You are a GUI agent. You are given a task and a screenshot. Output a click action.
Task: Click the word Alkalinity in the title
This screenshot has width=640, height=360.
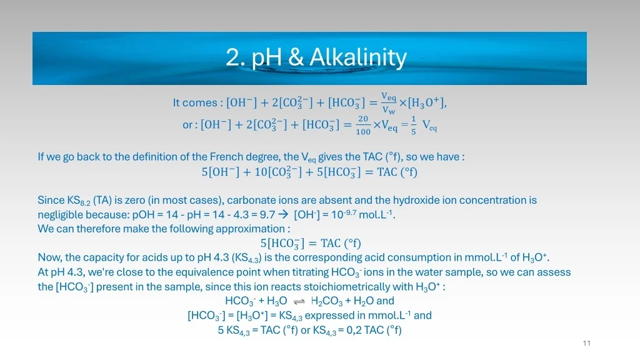358,57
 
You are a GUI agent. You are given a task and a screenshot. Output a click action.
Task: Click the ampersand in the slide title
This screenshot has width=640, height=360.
296,57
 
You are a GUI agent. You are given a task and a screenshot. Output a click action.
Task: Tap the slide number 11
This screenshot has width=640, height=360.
586,343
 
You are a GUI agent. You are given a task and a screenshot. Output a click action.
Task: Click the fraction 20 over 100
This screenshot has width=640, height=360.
363,125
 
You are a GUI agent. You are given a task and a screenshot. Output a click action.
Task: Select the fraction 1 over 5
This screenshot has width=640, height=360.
414,125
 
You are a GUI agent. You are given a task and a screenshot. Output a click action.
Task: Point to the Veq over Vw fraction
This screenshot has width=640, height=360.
389,103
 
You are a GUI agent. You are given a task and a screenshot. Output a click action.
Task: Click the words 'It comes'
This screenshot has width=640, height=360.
194,102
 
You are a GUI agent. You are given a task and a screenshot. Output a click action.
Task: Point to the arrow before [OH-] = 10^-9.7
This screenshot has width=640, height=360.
284,215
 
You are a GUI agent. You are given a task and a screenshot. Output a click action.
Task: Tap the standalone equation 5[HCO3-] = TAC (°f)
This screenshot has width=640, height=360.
311,243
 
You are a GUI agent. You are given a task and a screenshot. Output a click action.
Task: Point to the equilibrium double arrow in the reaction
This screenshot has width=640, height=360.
299,301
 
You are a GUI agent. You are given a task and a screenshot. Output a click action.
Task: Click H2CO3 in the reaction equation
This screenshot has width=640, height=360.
326,301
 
